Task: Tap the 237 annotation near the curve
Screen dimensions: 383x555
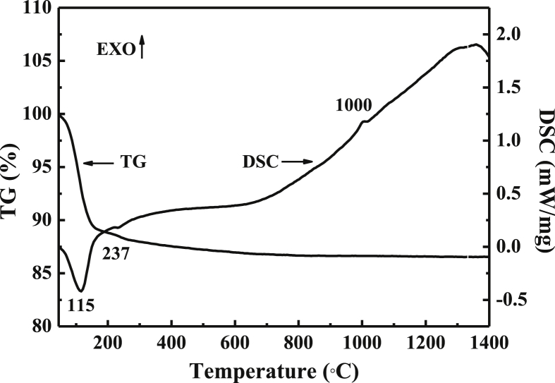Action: [116, 254]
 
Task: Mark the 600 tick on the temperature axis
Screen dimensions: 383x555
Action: [425, 343]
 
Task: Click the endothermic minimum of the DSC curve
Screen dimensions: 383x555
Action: [82, 291]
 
